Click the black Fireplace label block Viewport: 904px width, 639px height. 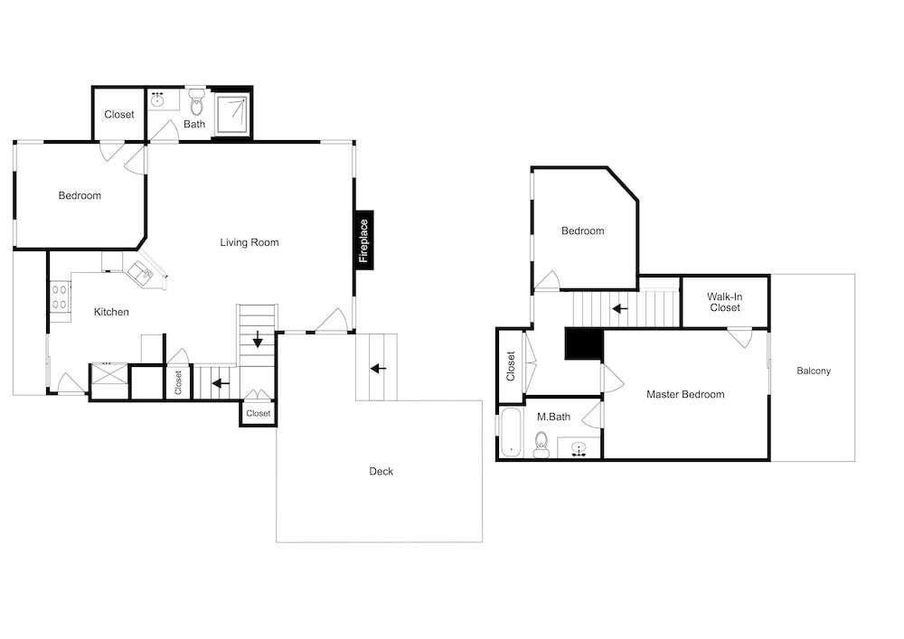coord(364,240)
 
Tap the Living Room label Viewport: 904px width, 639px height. coord(250,242)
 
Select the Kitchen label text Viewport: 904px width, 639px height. coord(111,312)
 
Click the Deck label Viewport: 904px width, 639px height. coord(381,471)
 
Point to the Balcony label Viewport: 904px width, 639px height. coord(814,371)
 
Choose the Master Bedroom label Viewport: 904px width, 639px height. coord(685,394)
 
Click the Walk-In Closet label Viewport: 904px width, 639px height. coord(725,302)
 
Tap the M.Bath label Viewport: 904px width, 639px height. coord(553,417)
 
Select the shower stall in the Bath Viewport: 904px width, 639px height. coord(233,115)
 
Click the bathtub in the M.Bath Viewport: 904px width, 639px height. coord(511,432)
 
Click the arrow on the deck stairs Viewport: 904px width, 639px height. coord(378,368)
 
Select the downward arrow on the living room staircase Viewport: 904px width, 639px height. coord(258,339)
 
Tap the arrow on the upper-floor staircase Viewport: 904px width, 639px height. coord(620,309)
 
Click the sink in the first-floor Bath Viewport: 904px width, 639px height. coord(157,99)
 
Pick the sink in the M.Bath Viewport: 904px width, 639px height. coord(579,448)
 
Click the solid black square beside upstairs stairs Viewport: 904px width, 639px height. coord(583,344)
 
